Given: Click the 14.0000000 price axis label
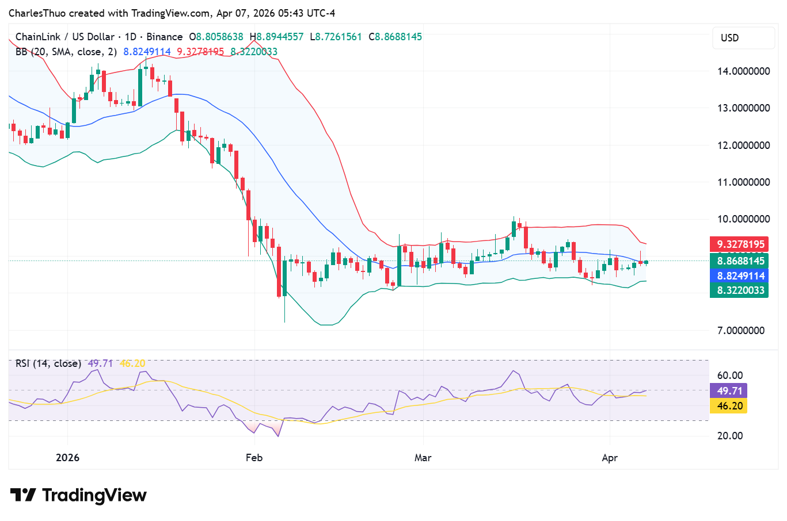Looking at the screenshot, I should tap(743, 71).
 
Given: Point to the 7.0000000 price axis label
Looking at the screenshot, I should tap(740, 331).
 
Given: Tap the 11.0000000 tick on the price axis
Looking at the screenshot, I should tap(743, 182).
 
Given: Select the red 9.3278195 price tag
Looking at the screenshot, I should tap(740, 244).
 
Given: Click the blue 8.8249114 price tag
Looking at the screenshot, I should tap(740, 276).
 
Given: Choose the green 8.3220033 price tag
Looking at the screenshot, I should tap(740, 290).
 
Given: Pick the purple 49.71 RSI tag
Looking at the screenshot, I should tap(729, 391).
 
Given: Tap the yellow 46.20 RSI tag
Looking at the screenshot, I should tap(729, 406).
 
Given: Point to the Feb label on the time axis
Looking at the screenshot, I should tap(254, 458).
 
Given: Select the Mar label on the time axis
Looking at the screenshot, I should tap(423, 458).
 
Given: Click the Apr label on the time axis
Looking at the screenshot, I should tap(610, 458).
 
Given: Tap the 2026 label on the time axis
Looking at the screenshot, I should tap(67, 458).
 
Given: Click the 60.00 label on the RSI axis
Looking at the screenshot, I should tap(729, 376).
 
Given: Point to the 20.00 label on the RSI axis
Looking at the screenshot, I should tap(729, 435).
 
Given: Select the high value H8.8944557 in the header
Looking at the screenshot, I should tap(276, 37).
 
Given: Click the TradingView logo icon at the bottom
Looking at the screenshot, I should tap(23, 495).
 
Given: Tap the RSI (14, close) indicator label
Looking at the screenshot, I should tap(48, 363).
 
